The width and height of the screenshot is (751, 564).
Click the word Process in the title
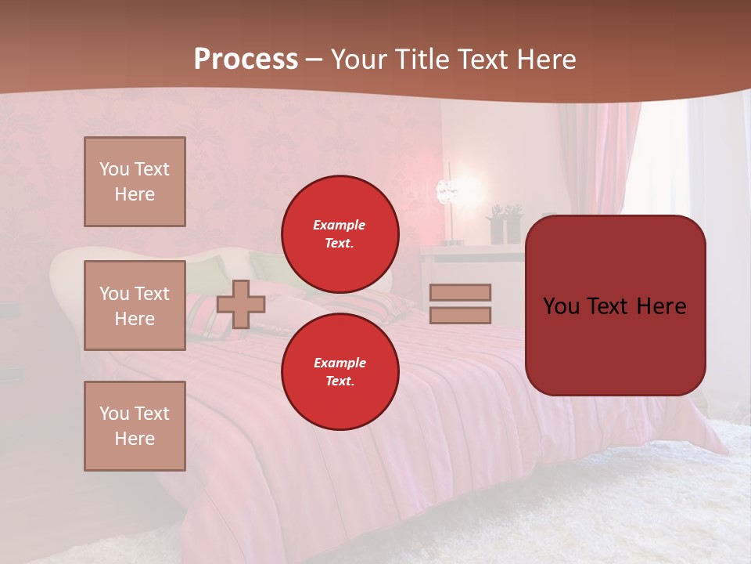246,60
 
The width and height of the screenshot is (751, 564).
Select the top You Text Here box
135,182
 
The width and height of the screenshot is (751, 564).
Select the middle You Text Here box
135,305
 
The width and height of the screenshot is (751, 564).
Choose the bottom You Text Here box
135,426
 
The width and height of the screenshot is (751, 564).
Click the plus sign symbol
241,304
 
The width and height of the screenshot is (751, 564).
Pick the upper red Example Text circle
340,234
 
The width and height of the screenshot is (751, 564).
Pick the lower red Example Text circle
340,372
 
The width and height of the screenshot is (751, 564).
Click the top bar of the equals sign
460,292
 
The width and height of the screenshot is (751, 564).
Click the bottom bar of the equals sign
460,315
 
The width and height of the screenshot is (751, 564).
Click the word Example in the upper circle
340,225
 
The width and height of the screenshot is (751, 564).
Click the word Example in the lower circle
340,363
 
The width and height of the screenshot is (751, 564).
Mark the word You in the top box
113,169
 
